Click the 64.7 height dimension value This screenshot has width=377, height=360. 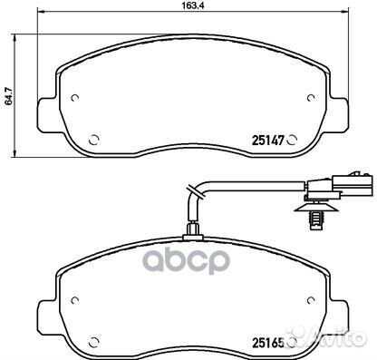tap(9, 93)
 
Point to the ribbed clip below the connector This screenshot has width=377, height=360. tap(316, 217)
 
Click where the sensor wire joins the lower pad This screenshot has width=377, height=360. tap(190, 232)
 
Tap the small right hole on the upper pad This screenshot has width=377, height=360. tap(311, 99)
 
